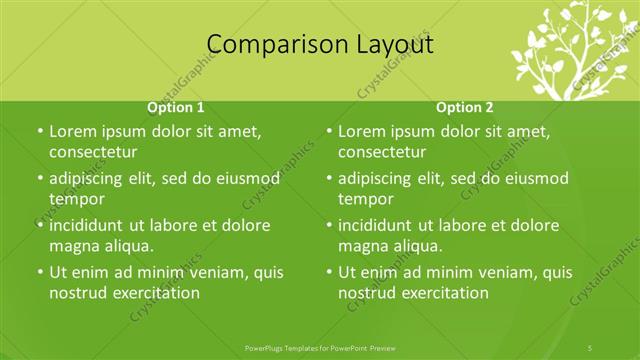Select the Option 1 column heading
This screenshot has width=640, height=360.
click(176, 107)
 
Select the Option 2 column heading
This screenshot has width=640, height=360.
click(465, 107)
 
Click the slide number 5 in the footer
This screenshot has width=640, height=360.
click(591, 347)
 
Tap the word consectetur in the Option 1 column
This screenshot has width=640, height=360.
click(93, 152)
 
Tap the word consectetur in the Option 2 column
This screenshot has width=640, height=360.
click(382, 152)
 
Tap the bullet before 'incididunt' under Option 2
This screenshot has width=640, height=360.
click(329, 226)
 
